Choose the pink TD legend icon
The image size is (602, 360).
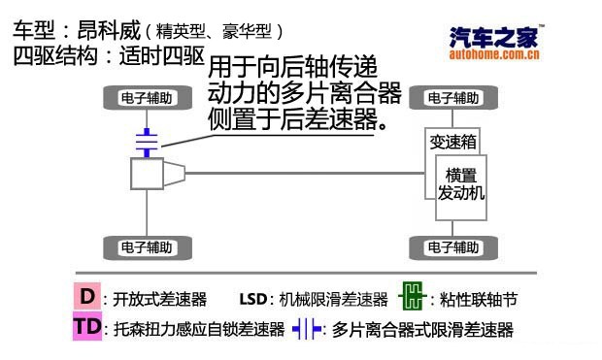coord(87,328)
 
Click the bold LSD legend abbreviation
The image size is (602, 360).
coord(251,298)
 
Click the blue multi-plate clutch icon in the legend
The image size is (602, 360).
coord(309,329)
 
